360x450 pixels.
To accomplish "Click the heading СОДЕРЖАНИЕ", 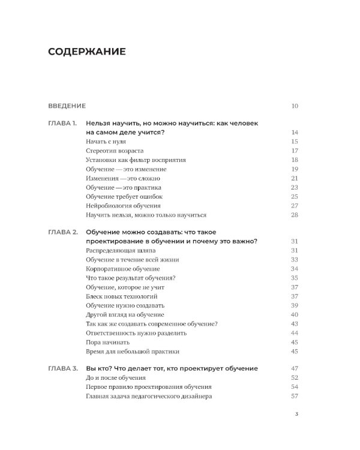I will pos(87,52).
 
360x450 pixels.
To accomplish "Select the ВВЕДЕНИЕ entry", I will pos(67,106).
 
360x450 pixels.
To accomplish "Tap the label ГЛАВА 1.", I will pos(62,123).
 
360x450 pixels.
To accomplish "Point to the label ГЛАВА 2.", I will pos(62,232).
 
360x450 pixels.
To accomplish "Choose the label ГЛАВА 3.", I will pos(62,368).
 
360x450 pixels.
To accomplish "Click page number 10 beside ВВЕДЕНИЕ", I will pos(295,106).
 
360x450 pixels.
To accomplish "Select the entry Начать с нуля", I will pos(109,142).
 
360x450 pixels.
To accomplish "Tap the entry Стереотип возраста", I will pos(115,151).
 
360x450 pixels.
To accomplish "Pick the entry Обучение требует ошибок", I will pos(124,196).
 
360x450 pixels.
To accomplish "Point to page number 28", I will pos(295,215).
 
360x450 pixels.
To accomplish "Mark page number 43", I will pos(295,323).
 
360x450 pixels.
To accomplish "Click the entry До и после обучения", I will pos(116,378).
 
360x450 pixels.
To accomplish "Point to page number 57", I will pos(295,396).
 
